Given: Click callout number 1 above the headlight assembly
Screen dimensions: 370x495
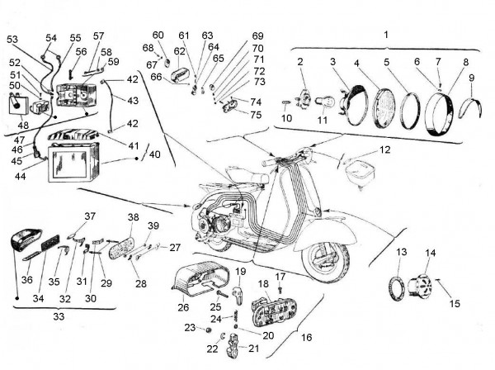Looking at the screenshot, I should click(384, 35).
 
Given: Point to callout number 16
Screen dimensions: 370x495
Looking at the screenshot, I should click(307, 338).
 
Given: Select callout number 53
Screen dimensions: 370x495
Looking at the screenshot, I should click(12, 40).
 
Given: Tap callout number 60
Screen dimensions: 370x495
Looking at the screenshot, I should click(158, 35).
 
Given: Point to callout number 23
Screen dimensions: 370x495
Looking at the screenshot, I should click(189, 329).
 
